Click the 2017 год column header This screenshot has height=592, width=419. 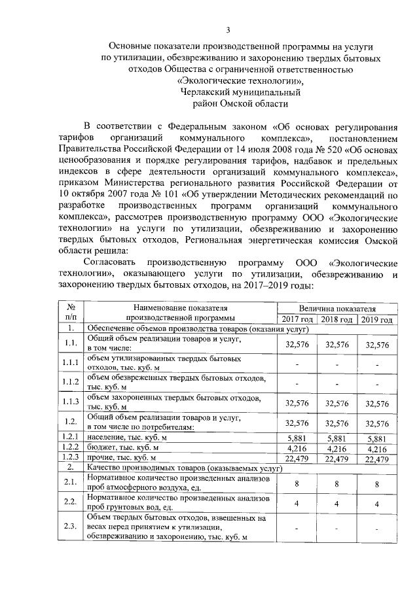[297, 319]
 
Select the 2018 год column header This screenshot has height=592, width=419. [337, 319]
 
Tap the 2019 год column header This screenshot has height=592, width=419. [377, 319]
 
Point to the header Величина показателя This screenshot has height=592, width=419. [337, 307]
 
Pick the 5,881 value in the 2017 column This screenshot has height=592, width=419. [297, 438]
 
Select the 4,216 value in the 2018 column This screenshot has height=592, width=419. [337, 449]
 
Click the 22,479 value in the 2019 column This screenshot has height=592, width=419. [377, 460]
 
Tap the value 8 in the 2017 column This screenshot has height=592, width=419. [297, 483]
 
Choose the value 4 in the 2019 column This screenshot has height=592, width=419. [377, 504]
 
